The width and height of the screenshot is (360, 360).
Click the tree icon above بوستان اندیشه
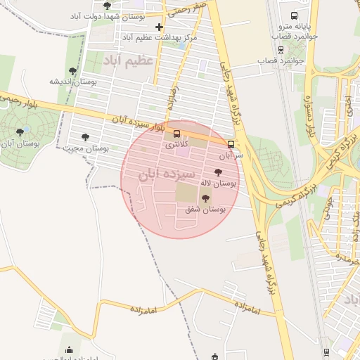(72, 71)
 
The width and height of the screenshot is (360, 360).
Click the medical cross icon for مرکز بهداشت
(159, 27)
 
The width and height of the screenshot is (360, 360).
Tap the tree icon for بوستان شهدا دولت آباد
(107, 5)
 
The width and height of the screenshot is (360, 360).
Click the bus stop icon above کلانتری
(176, 134)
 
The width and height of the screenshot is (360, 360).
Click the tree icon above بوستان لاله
(217, 172)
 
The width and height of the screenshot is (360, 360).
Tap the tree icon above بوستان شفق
(205, 199)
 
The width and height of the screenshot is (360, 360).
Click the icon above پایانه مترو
(295, 20)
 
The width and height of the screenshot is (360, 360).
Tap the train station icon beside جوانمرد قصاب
(281, 50)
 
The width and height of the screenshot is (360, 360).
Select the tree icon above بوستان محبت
(86, 138)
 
